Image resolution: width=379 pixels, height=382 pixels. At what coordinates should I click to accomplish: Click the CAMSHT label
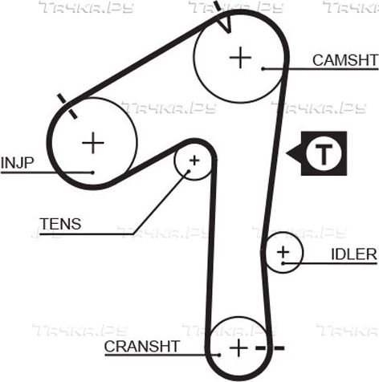point(345,60)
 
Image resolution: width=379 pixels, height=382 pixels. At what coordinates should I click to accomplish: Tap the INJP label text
point(18,163)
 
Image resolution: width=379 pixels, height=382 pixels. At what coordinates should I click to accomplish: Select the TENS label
point(60,224)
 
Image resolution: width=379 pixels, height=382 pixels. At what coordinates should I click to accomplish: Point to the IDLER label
point(354,254)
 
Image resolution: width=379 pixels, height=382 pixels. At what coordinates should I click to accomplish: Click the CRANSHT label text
point(142,347)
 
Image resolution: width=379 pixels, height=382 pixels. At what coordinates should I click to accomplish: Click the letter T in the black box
point(324,154)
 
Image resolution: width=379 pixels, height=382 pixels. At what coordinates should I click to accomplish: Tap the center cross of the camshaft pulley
point(240,58)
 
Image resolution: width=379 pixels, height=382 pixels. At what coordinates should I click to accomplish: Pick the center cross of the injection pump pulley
point(93,143)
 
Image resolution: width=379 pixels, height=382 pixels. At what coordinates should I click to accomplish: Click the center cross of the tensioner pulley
point(194,161)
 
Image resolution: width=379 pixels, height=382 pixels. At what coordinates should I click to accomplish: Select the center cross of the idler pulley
point(283,252)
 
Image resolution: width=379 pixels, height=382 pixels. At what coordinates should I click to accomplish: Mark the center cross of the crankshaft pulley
point(238,348)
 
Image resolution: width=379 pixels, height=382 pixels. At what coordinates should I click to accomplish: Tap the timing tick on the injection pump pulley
point(67,106)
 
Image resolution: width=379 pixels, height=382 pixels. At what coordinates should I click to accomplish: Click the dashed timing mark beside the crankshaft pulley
point(270,348)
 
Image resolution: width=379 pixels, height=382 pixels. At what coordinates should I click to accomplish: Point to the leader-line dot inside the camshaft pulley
point(263,69)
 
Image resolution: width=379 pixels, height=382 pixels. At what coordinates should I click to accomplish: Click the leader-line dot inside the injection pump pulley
point(92,173)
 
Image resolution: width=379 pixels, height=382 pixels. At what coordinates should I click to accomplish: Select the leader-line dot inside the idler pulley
point(283,263)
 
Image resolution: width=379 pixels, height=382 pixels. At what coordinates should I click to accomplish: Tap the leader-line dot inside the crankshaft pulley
point(219,355)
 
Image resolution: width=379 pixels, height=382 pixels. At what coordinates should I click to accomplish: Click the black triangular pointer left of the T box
point(294,153)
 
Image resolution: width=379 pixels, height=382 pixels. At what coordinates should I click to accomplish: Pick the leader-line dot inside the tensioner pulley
point(189,171)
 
